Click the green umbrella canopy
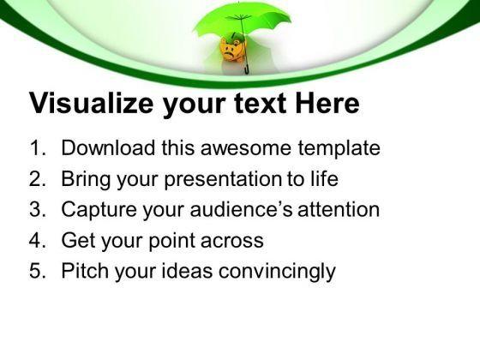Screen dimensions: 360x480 [227, 24]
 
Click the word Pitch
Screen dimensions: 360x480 [83, 272]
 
